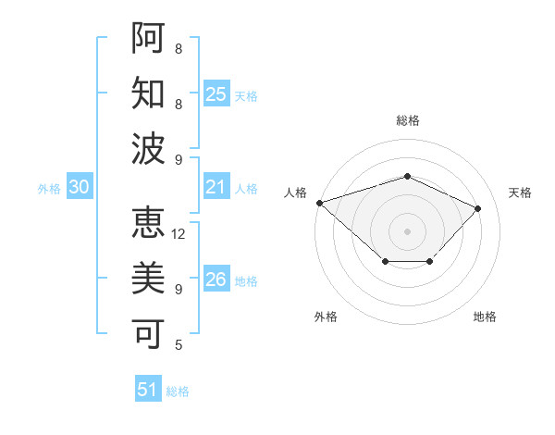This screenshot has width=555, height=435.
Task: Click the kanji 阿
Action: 148,37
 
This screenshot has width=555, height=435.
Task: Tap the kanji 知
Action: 148,93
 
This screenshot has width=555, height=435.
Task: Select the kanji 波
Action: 148,148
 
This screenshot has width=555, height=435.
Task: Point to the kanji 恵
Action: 148,222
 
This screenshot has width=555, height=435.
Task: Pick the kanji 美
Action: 148,278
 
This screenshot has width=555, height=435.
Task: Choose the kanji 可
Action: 148,333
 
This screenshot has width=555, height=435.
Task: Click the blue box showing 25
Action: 216,93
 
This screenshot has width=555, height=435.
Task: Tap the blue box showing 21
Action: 216,187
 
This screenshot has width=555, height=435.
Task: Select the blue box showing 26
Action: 216,280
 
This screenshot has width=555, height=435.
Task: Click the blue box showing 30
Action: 80,187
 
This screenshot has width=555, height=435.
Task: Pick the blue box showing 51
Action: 148,390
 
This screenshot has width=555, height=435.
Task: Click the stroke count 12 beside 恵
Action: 179,234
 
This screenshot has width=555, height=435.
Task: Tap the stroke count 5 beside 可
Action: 179,345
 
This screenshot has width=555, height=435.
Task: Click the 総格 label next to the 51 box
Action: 179,391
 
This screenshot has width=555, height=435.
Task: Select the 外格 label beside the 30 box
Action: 49,189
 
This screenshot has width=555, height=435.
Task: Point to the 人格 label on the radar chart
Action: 295,193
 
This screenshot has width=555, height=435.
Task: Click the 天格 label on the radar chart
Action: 520,193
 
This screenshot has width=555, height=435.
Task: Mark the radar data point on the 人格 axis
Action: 319,203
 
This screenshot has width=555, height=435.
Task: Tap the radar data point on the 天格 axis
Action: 477,208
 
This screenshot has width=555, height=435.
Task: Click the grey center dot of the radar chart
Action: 407,230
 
